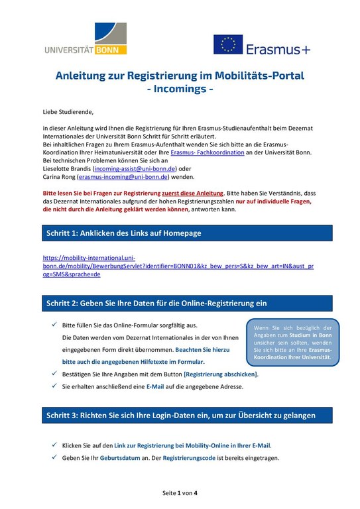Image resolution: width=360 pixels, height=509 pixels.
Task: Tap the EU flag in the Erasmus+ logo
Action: (x=227, y=44)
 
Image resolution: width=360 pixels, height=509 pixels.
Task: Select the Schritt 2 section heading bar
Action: (x=180, y=303)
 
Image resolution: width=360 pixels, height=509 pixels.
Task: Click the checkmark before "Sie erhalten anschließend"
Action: (x=54, y=385)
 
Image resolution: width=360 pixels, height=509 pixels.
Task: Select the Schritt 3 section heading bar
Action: (x=180, y=416)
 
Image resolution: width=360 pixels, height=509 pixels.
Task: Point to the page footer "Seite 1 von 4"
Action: (x=180, y=493)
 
